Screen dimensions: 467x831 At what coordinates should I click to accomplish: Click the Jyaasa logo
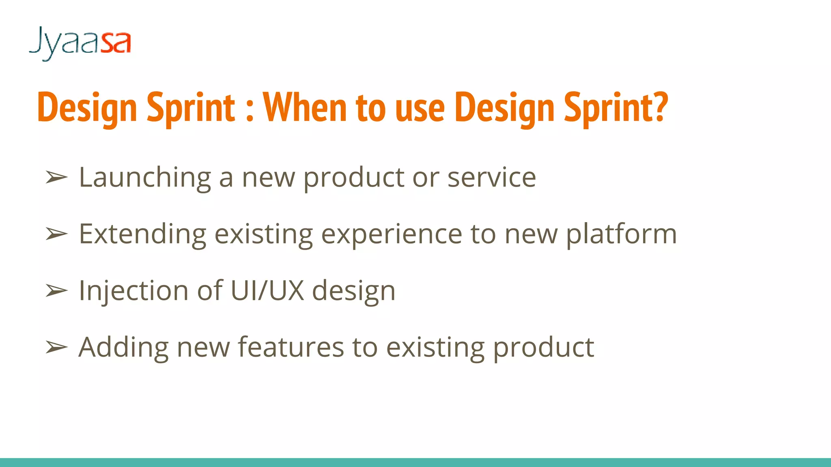coord(80,43)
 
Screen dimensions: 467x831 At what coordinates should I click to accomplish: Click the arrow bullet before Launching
coord(56,178)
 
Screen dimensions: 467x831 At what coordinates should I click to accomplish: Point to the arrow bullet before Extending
coord(56,234)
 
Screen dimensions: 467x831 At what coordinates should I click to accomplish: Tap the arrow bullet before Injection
coord(56,291)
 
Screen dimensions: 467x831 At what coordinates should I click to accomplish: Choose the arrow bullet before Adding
coord(56,347)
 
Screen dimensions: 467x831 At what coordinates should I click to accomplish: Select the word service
coord(491,178)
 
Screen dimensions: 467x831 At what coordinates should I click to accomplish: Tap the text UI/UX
coord(267,290)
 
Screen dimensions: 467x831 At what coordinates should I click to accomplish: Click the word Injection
coord(133,291)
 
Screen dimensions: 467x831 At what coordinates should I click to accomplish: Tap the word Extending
coord(142,234)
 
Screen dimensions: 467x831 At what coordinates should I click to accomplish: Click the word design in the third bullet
coord(353,291)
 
